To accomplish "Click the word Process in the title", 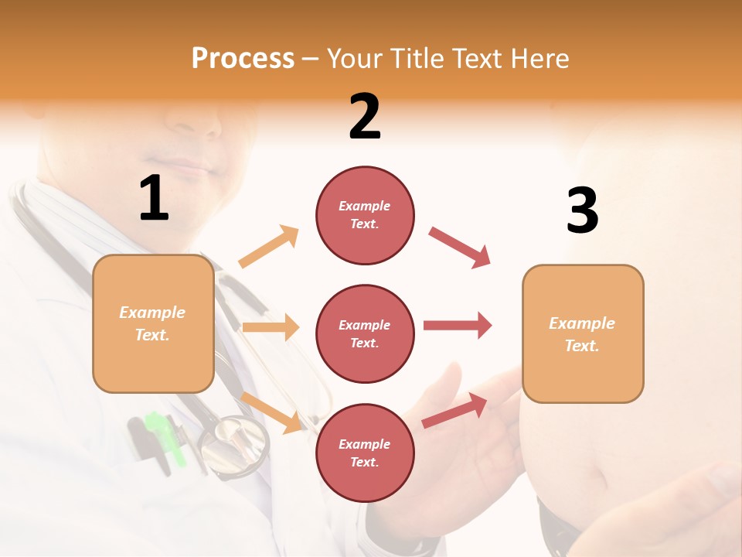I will (x=243, y=59).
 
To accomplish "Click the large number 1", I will (x=154, y=199).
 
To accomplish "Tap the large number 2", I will (x=365, y=117).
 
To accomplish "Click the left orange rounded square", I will (x=153, y=323).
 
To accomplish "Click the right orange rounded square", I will (x=583, y=333).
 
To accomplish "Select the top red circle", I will (x=365, y=215).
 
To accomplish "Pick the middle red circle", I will (x=365, y=333).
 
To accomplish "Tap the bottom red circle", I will (x=365, y=453).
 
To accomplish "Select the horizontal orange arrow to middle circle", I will (x=270, y=327).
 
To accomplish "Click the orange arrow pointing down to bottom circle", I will (x=271, y=412).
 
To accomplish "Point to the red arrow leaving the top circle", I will (x=459, y=248).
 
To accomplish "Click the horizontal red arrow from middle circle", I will (x=457, y=326).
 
